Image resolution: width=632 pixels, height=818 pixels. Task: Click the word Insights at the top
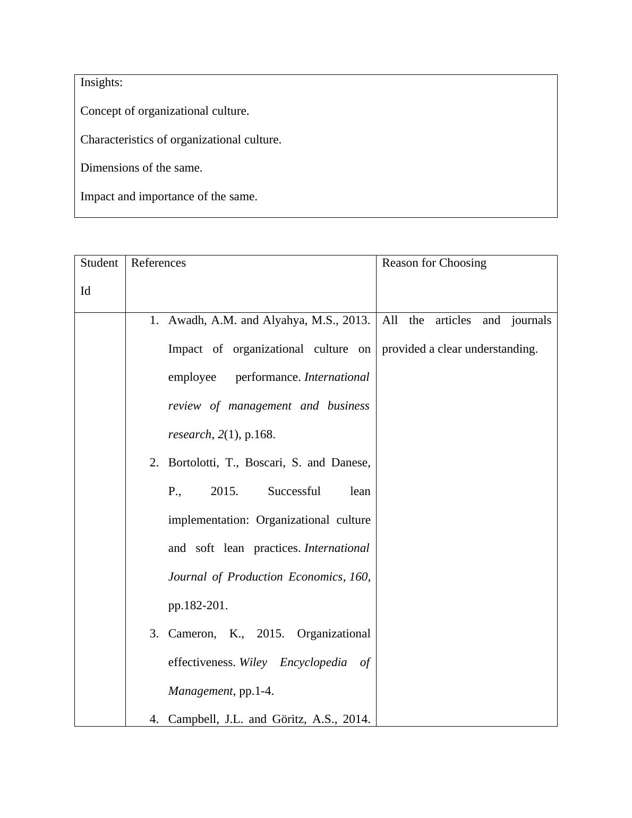click(x=100, y=82)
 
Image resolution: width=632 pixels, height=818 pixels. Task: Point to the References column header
click(x=158, y=263)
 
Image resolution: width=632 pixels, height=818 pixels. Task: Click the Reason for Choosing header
click(x=434, y=263)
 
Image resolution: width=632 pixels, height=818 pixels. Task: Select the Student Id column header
click(x=99, y=277)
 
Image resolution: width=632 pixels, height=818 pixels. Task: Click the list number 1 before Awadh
click(x=154, y=320)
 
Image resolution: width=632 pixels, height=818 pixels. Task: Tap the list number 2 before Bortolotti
click(x=154, y=463)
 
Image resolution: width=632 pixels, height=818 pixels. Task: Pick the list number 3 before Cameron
click(x=154, y=634)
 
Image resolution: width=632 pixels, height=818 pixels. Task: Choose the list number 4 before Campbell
click(x=154, y=719)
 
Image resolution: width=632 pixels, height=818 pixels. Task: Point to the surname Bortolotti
click(x=192, y=463)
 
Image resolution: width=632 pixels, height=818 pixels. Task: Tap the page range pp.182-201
click(x=198, y=606)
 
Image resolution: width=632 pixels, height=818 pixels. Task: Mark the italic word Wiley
click(x=253, y=662)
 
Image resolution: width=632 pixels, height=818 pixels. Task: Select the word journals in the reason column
click(x=531, y=320)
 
